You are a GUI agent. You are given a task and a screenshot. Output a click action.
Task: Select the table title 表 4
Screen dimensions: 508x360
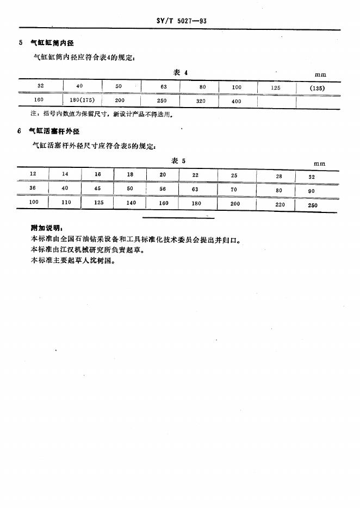coord(180,72)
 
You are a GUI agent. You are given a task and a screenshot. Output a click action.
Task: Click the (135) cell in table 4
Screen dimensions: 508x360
coord(316,88)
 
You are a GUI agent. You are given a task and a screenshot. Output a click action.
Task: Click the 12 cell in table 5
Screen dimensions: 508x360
coord(33,174)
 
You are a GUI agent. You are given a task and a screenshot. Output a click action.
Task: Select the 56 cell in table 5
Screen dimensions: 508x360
coord(163,189)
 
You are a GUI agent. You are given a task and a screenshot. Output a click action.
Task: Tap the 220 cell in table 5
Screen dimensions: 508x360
coord(281,205)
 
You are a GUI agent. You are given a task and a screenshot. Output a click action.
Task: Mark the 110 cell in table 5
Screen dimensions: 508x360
coord(65,202)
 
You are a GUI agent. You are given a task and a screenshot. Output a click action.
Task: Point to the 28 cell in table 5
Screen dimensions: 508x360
coord(279,176)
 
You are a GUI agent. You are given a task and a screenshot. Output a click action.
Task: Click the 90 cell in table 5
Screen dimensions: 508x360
coord(312,191)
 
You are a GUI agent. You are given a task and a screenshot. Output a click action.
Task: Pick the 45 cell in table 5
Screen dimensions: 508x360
coord(98,189)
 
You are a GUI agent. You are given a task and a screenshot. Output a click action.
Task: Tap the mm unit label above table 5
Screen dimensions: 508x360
coord(320,163)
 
